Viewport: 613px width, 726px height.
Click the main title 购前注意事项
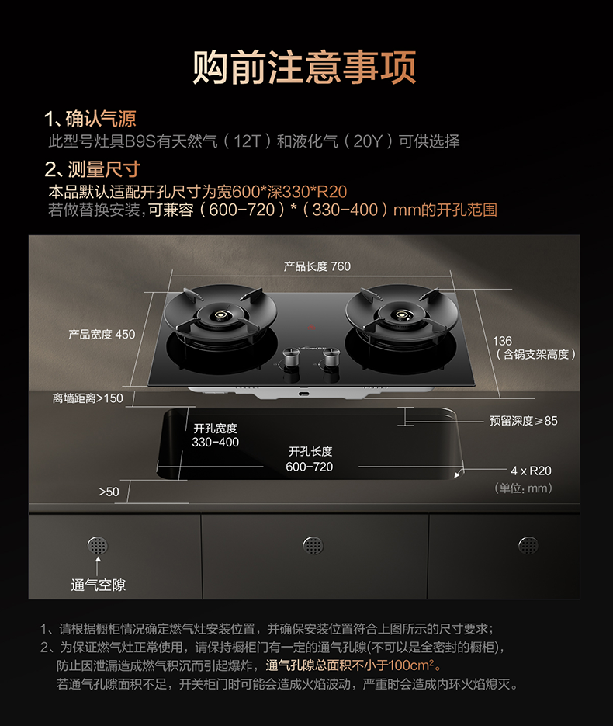point(304,68)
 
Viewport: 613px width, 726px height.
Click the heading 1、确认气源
point(90,119)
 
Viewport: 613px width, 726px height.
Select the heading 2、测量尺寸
point(92,169)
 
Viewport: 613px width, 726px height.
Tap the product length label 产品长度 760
point(317,266)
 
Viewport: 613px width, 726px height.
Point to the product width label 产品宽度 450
point(102,335)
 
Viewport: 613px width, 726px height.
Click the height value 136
point(502,341)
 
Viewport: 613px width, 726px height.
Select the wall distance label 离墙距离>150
point(88,398)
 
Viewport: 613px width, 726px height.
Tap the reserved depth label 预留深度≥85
point(523,421)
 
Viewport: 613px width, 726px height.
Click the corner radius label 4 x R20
point(531,471)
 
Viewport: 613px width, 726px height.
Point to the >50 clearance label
point(109,492)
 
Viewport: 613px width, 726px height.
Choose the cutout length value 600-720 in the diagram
point(309,467)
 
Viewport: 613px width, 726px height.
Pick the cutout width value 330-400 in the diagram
point(215,442)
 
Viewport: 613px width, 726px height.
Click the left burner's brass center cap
point(218,316)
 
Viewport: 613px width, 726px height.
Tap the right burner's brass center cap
point(400,315)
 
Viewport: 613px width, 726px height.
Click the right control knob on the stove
point(331,359)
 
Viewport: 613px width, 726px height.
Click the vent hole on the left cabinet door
point(98,546)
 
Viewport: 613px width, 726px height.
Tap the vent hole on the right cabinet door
point(528,546)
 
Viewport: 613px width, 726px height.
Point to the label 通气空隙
point(98,585)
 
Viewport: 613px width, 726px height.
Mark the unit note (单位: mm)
point(523,488)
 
